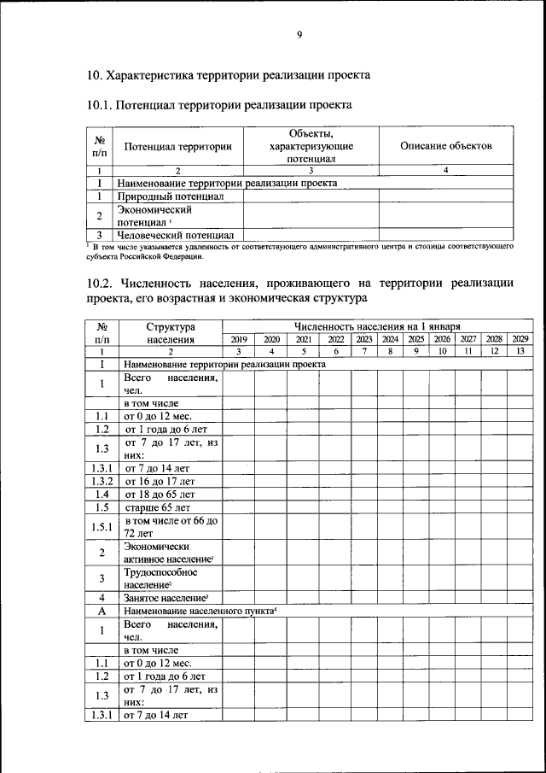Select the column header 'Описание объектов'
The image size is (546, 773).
tap(445, 146)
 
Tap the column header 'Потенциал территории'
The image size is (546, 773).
tap(178, 147)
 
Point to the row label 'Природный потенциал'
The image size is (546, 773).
tap(171, 196)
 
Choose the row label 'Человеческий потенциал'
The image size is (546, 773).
tap(177, 234)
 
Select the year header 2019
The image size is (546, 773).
tap(239, 339)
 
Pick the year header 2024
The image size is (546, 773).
tap(390, 339)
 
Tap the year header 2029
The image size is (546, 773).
tap(520, 339)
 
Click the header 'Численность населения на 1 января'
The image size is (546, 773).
tap(377, 326)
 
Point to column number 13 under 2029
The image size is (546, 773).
tap(520, 351)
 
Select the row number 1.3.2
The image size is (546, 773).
tap(102, 481)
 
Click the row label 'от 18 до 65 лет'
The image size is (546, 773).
tap(160, 494)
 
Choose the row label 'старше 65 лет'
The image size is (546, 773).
tap(159, 507)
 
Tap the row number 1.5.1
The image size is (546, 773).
tap(102, 526)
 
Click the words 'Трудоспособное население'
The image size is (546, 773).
tap(161, 579)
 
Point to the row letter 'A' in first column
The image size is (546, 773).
tap(102, 612)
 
